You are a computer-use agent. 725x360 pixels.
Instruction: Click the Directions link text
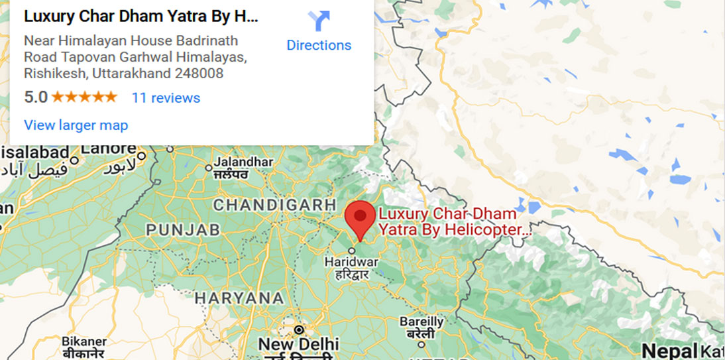click(319, 45)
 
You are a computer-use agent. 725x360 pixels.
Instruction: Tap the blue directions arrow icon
click(319, 21)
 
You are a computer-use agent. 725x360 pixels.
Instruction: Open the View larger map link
click(76, 125)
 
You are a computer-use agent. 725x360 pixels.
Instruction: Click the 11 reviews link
click(166, 97)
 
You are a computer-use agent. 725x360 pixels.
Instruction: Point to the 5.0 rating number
click(36, 97)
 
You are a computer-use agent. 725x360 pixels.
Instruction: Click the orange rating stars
click(84, 97)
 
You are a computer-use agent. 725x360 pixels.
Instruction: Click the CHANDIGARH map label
click(274, 206)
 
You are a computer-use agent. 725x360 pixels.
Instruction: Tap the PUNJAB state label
click(183, 230)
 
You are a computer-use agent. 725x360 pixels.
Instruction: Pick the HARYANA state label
click(239, 298)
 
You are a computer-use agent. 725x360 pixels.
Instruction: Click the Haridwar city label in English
click(351, 262)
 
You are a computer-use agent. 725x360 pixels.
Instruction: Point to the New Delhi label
click(298, 344)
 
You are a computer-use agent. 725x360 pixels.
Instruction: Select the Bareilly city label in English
click(421, 322)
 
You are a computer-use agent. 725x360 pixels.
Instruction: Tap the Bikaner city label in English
click(84, 341)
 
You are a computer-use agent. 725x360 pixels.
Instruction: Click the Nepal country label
click(669, 351)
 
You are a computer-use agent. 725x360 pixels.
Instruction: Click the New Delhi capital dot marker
click(299, 330)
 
